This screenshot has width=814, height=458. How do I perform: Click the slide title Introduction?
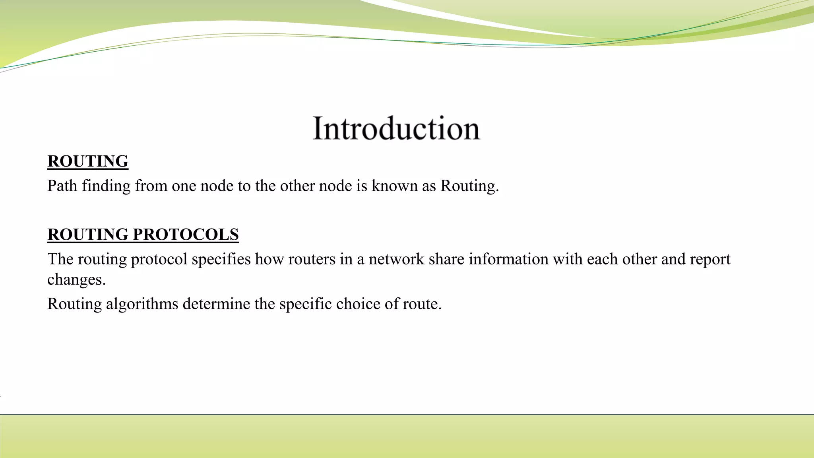coord(396,128)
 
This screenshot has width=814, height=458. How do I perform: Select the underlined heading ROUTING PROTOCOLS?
coord(143,235)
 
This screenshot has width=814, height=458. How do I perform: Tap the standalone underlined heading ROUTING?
coord(88,161)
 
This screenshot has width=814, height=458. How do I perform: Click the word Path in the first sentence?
coord(62,186)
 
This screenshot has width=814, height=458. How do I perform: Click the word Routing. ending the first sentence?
coord(469,186)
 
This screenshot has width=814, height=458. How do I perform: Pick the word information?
coord(508,259)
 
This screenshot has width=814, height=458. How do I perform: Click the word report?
coord(710,259)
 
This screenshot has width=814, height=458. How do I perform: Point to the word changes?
coord(76,279)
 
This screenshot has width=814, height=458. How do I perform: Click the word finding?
coord(106,186)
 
